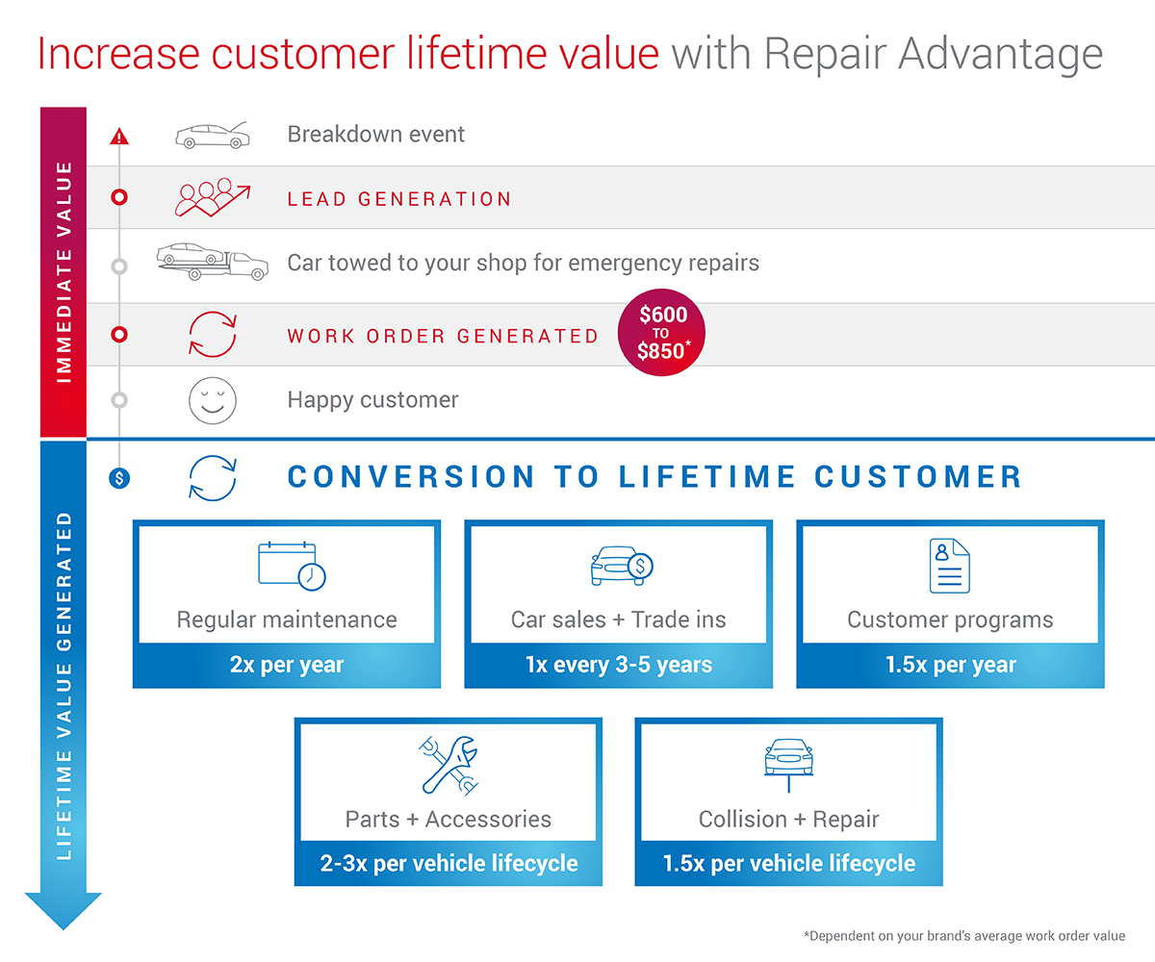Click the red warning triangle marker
tap(118, 136)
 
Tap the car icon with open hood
tap(213, 135)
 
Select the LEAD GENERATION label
tap(399, 199)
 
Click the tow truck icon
tap(213, 261)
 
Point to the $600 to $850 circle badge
tap(662, 333)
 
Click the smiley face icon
tap(212, 400)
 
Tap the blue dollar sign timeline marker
tap(118, 477)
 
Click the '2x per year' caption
tap(287, 665)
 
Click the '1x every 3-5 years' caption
tap(618, 665)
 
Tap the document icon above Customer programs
tap(949, 565)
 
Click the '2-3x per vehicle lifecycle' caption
tap(449, 863)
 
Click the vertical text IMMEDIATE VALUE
tap(64, 272)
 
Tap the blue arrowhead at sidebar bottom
tap(64, 909)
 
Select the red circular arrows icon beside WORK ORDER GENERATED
tap(212, 335)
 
